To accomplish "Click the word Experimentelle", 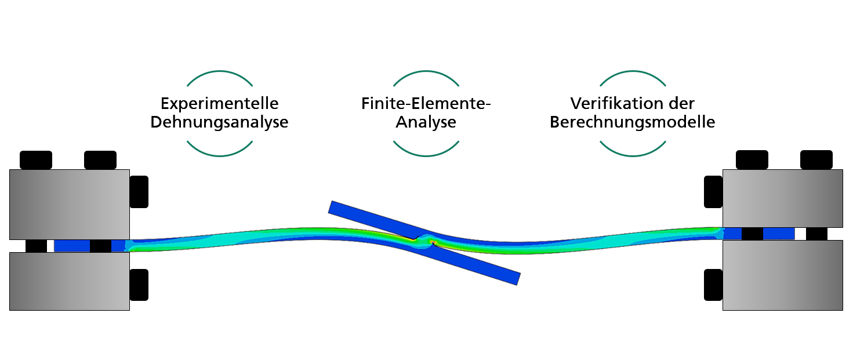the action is tap(219, 104).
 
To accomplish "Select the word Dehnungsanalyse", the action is tap(219, 122).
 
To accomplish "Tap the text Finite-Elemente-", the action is tap(426, 104).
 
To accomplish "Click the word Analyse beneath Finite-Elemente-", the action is tap(426, 122).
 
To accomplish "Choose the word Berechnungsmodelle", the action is tap(633, 122).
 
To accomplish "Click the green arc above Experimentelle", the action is tap(220, 71).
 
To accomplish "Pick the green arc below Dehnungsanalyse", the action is tap(220, 155).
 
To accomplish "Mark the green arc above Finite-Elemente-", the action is tap(426, 71).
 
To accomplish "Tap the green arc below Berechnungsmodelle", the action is tap(633, 155).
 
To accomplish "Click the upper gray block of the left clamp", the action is tap(70, 205).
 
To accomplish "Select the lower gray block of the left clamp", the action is tap(70, 281).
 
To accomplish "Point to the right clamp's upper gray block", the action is tap(783, 198).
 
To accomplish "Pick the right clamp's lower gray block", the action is tap(783, 275).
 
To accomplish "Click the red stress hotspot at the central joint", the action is tap(433, 242).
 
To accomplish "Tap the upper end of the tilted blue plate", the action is tap(331, 206).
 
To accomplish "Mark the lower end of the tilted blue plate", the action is tap(518, 279).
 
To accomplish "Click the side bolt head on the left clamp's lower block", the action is tap(139, 285).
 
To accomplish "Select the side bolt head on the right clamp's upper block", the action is tap(713, 192).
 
